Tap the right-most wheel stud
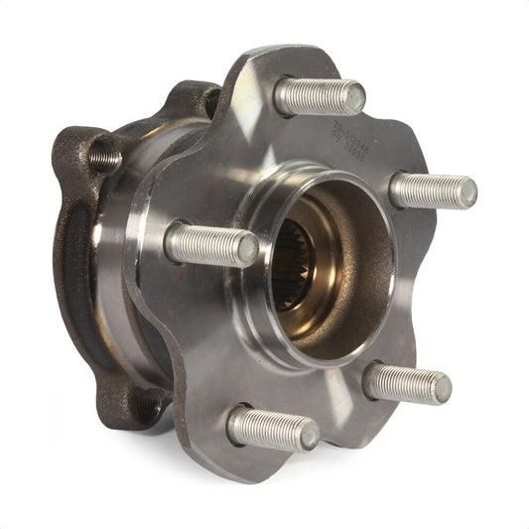pyautogui.click(x=433, y=191)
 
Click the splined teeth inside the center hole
pyautogui.click(x=295, y=266)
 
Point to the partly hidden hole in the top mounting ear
pyautogui.click(x=210, y=99)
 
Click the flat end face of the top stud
pyautogui.click(x=352, y=97)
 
